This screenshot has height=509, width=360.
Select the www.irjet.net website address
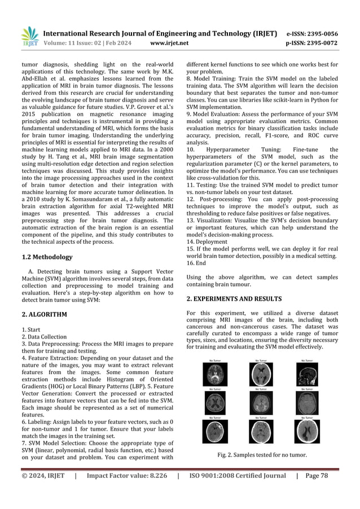click(169, 42)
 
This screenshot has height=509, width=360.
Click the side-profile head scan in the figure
click(306, 372)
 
